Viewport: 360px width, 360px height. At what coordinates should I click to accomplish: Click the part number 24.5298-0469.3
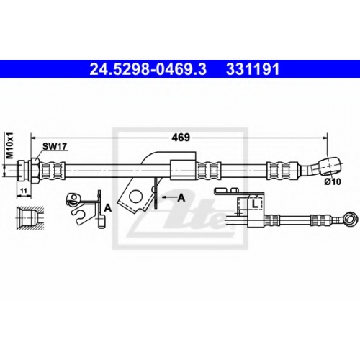coord(148,69)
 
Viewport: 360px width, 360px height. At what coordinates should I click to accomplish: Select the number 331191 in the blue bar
coord(253,69)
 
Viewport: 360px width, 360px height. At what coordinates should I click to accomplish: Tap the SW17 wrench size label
coord(55,146)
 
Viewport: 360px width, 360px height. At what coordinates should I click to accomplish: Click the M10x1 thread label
coord(10,146)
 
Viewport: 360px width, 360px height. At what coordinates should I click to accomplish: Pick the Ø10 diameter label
coord(333,181)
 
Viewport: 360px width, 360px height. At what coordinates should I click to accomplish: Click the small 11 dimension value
coord(24,191)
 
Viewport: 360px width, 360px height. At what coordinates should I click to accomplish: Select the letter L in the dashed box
coord(255,204)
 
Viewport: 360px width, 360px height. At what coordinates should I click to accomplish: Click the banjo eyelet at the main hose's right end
coord(330,166)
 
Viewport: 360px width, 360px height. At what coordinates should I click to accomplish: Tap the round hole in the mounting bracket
coord(136,197)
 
